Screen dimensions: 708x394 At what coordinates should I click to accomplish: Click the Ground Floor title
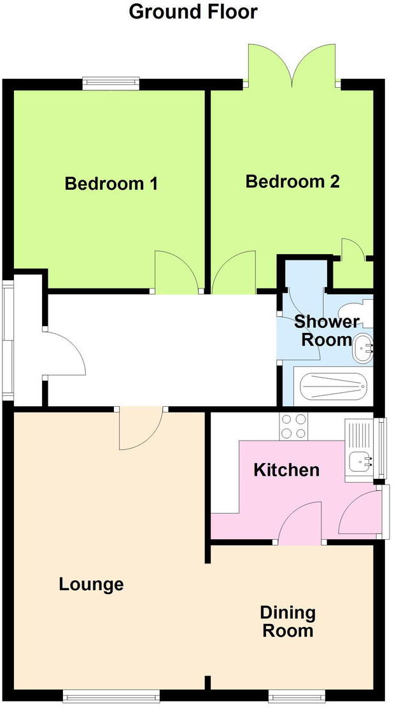point(193,11)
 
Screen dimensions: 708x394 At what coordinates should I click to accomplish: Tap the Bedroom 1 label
point(111,184)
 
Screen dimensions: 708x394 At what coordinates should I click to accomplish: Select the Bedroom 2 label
point(293,181)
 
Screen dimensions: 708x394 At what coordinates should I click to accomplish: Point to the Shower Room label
point(326,330)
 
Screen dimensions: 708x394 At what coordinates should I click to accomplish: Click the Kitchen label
point(286,471)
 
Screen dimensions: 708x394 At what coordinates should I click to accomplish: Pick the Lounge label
point(91,584)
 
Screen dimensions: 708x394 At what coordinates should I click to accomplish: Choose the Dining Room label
point(288,621)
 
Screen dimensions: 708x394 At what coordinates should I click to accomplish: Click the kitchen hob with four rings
point(293,426)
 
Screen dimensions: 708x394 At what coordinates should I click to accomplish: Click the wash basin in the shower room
point(364,347)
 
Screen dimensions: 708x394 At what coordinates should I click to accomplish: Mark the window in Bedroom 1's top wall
point(111,81)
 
